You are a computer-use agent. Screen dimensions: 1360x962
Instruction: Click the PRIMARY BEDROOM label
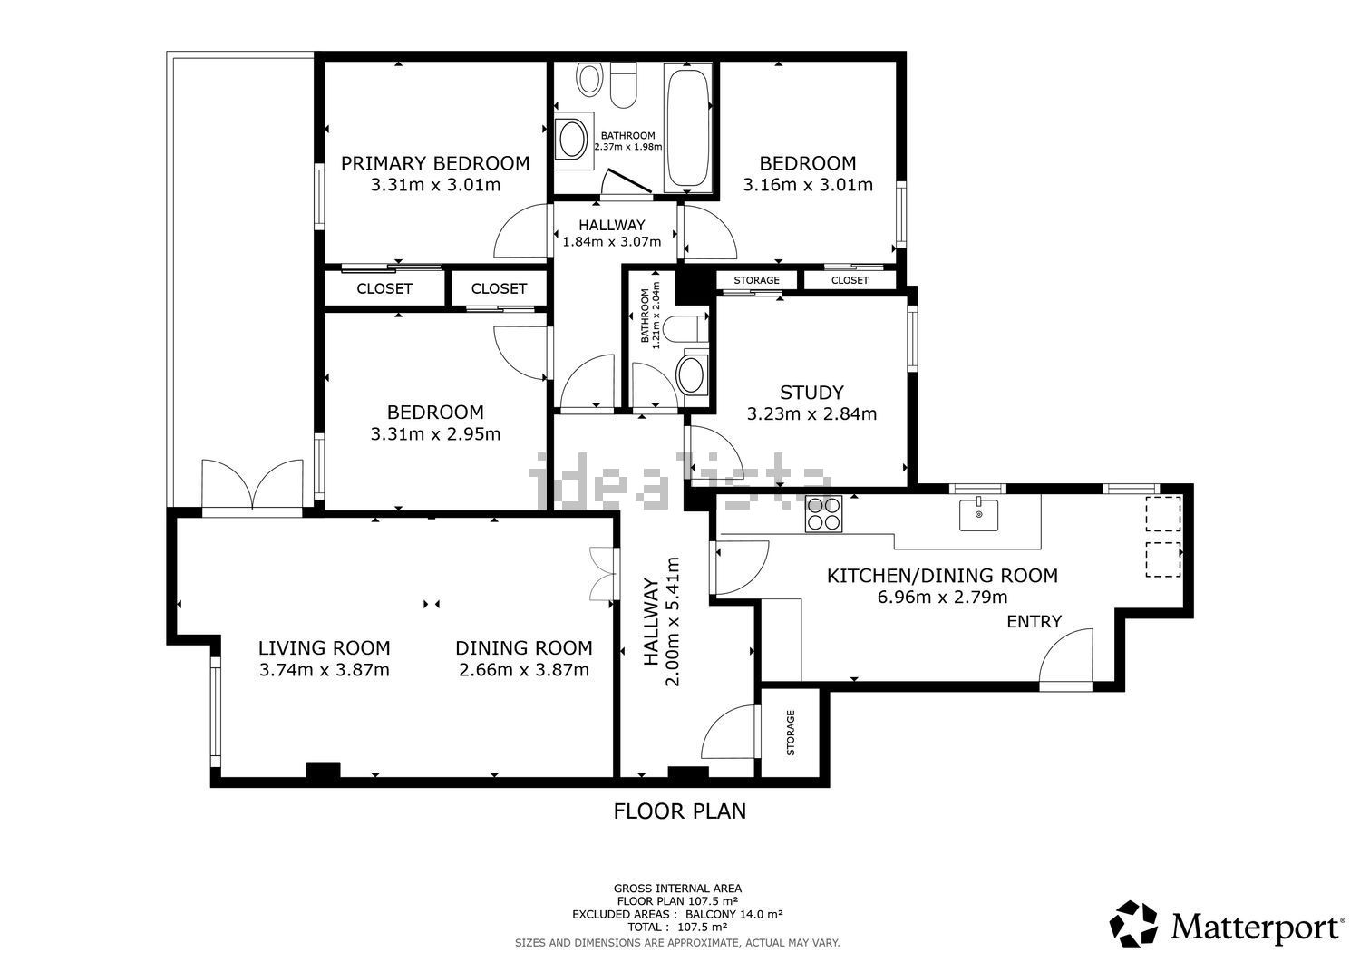coord(434,163)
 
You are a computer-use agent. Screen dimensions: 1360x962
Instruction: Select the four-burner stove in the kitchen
coord(823,514)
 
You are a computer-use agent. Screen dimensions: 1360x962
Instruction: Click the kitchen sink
coord(978,515)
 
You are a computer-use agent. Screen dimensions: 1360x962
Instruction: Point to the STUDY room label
coord(811,393)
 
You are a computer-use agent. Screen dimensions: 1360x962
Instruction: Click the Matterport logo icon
coord(1133,924)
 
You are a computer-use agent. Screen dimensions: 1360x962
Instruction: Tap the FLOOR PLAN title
coord(679,811)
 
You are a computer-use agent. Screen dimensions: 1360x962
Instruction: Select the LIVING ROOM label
coord(325,648)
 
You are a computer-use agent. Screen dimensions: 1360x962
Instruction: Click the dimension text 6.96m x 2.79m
coord(942,597)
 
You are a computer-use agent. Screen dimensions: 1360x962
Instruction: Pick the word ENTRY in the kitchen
coord(1034,621)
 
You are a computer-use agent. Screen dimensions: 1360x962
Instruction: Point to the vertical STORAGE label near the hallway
coord(791,733)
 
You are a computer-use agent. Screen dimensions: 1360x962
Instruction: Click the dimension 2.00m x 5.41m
coord(673,621)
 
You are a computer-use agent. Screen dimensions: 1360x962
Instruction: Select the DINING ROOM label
coord(524,648)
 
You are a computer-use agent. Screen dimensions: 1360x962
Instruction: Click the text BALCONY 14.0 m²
coord(734,914)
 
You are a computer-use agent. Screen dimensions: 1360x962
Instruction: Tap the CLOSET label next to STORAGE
coord(850,280)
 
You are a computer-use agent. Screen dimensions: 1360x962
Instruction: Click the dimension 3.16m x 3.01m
coord(808,185)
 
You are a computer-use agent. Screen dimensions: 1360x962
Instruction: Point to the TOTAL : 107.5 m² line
coord(677,927)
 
